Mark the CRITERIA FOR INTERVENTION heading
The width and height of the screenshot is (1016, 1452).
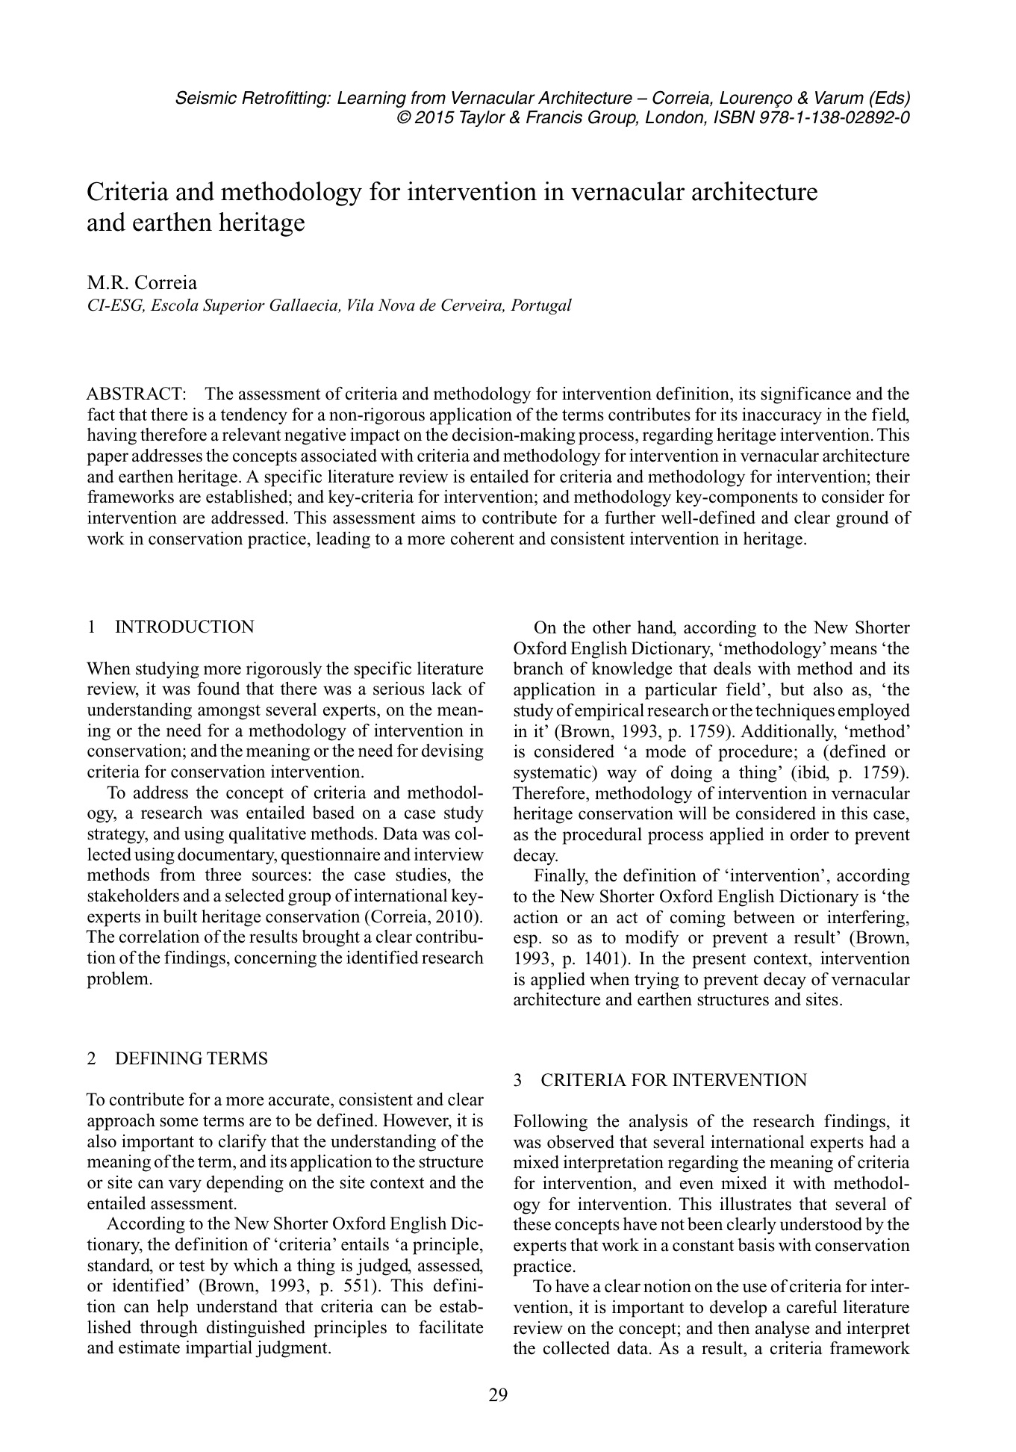673,1079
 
